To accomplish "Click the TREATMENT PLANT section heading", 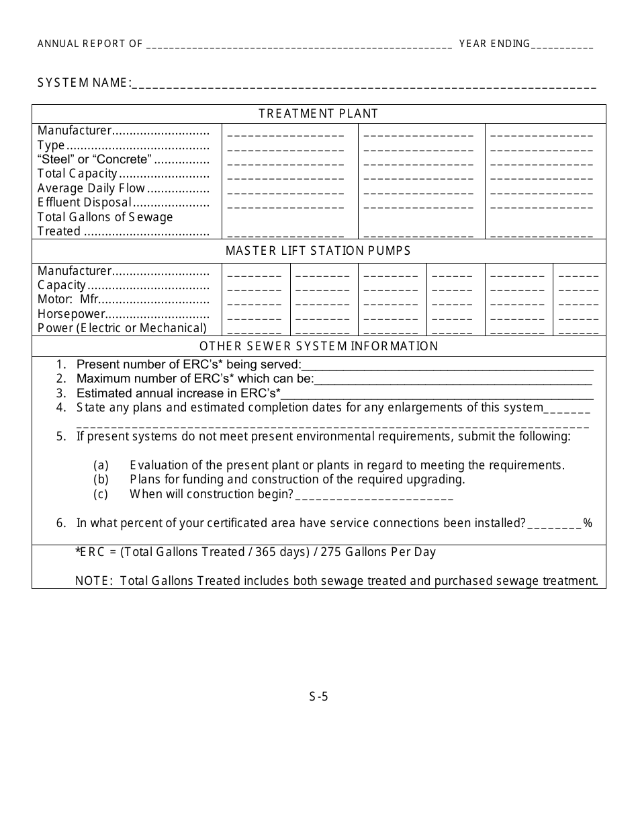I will point(318,114).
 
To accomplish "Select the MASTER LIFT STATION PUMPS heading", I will point(318,251).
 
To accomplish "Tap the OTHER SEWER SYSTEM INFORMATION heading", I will point(318,346).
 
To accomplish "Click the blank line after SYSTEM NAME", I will point(363,86).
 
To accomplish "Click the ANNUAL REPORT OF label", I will point(90,44).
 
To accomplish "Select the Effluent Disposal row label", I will point(85,202).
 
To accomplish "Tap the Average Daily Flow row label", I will point(91,188).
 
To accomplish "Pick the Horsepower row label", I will point(72,314).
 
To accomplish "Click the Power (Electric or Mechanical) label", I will point(122,328).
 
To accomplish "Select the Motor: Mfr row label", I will point(68,299).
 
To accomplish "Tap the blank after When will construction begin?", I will point(374,498).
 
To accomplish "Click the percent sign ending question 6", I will point(588,523).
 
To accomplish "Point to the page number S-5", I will point(318,697).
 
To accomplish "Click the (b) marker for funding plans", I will point(101,479).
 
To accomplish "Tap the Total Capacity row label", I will point(77,173).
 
